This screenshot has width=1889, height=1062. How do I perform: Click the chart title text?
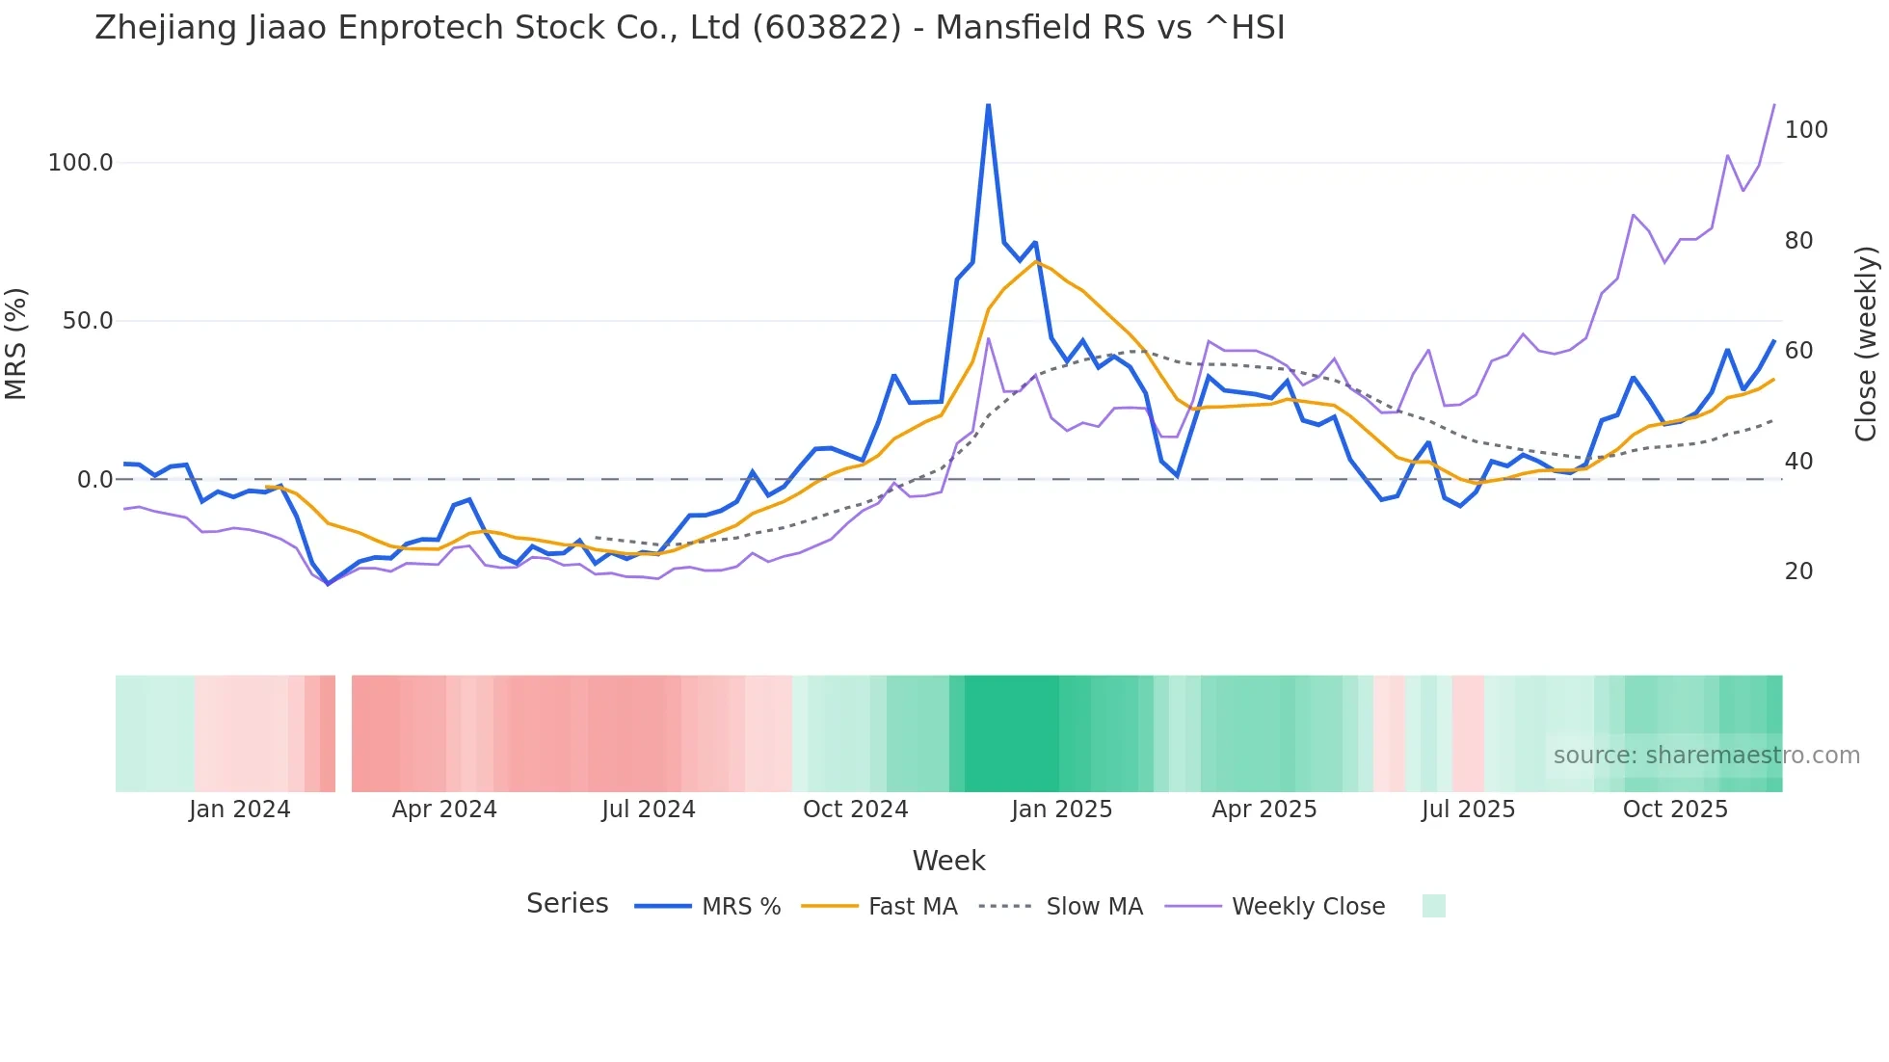pos(690,28)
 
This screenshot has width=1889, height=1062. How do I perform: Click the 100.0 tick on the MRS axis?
pos(81,163)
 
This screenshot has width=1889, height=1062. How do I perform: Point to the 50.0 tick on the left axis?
pos(88,321)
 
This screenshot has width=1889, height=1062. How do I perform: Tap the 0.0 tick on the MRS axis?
pos(95,480)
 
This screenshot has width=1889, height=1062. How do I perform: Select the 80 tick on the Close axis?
pos(1799,241)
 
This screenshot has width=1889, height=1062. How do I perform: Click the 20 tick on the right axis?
pos(1799,571)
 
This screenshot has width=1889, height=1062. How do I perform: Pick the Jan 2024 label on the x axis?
pos(240,810)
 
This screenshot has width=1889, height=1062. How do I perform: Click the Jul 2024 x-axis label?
pos(649,810)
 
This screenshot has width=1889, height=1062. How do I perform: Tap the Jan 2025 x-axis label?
pos(1061,810)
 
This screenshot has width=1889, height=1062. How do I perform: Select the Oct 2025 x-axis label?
pos(1675,810)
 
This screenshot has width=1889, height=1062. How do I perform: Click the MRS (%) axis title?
pos(16,344)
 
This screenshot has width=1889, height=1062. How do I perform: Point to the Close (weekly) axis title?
pos(1867,344)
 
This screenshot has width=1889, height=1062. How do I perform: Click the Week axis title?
pos(948,861)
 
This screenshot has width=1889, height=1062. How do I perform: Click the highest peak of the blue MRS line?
pos(988,105)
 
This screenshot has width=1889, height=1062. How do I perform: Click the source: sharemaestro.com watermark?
pos(1706,756)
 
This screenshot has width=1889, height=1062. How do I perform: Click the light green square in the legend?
pos(1433,906)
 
